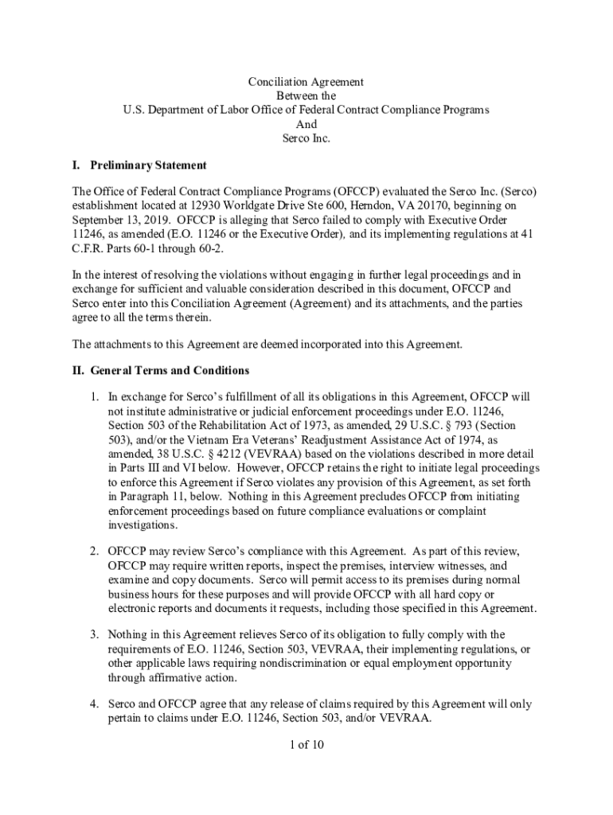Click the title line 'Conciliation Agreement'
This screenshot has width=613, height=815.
click(x=306, y=82)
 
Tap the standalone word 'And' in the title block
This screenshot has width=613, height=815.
click(x=306, y=124)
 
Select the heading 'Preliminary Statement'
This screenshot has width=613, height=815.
click(x=148, y=166)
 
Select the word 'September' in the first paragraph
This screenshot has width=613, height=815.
click(x=96, y=220)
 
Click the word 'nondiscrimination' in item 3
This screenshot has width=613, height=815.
click(x=346, y=664)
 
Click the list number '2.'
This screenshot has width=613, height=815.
click(x=93, y=552)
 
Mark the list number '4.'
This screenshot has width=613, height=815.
click(x=93, y=704)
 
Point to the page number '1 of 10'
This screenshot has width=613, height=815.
click(x=306, y=746)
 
